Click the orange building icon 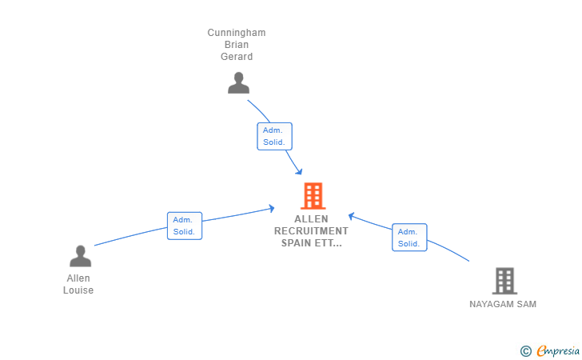point(313,196)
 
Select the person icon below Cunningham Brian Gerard point(238,83)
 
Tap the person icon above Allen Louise point(80,256)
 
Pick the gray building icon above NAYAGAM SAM point(504,281)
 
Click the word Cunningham point(237,33)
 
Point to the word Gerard point(237,57)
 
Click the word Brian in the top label point(237,45)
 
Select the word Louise point(78,290)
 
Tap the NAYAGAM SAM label point(503,304)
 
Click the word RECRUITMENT point(311,231)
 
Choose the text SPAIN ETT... point(312,243)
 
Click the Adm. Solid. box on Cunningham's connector point(274,136)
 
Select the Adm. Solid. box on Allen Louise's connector point(185,226)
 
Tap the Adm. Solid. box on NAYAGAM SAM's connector point(409,238)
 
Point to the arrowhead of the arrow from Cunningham point(299,172)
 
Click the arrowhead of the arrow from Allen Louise point(272,209)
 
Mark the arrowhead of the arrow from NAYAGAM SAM point(351,216)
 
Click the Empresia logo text point(558,350)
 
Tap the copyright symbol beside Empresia point(526,351)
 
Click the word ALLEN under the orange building point(311,219)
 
